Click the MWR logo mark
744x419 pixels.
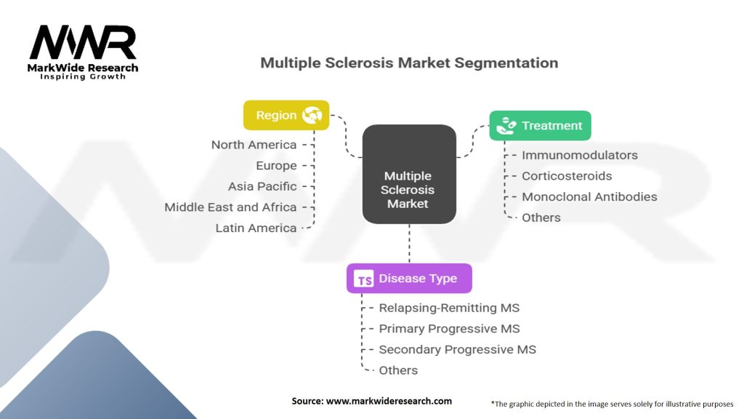(x=83, y=42)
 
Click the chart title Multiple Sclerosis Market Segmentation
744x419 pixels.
(x=409, y=63)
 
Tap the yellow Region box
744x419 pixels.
(x=286, y=115)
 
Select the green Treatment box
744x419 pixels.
(x=540, y=125)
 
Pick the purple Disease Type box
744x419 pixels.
(x=409, y=279)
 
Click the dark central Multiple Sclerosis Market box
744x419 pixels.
(x=409, y=175)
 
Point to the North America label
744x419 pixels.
(x=254, y=145)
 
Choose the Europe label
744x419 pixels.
(x=276, y=165)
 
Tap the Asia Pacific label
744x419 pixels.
(x=262, y=186)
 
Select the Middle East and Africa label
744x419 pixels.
(x=230, y=207)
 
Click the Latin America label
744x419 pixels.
(x=256, y=228)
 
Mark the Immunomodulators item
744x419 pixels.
(x=580, y=155)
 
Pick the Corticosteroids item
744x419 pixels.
(x=567, y=176)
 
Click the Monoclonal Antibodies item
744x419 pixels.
(x=589, y=196)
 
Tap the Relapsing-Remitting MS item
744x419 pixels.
(x=449, y=308)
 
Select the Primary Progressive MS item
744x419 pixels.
(x=449, y=329)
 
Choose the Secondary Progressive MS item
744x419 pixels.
(x=458, y=350)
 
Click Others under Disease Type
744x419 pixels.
(x=398, y=370)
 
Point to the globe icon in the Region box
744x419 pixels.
(x=312, y=115)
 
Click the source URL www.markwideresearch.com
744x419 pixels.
(x=389, y=401)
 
